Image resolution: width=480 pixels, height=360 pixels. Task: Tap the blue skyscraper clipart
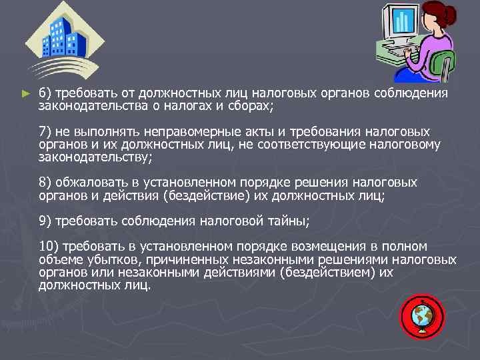click(63, 38)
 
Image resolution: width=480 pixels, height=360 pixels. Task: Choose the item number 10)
click(47, 246)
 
